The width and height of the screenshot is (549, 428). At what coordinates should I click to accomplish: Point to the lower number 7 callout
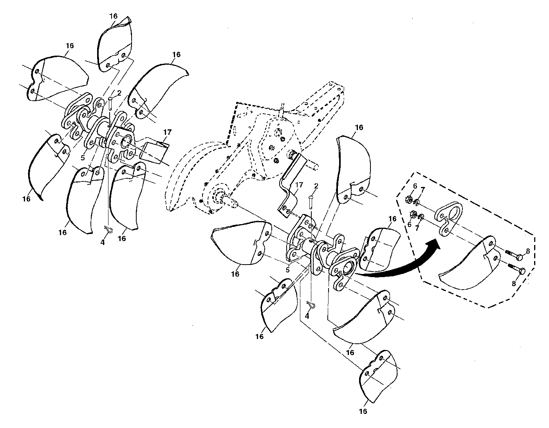(x=417, y=228)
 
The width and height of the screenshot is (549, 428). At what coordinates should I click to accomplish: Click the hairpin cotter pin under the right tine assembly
(x=311, y=305)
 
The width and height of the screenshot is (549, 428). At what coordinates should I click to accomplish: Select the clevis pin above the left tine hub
(x=110, y=104)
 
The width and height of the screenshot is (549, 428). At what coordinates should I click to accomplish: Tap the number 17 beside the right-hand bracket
(x=299, y=185)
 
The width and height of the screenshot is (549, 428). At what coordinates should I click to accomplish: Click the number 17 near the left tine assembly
(x=167, y=132)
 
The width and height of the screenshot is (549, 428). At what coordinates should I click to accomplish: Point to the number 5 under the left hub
(x=83, y=158)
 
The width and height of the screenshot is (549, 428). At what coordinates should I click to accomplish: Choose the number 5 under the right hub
(x=287, y=270)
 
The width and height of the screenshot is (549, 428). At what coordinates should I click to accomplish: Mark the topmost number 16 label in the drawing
(x=114, y=16)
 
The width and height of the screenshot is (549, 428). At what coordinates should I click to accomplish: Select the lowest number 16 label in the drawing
(x=363, y=411)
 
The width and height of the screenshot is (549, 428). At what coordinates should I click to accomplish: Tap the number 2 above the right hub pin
(x=316, y=186)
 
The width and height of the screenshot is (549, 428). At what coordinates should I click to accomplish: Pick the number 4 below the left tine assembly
(x=102, y=242)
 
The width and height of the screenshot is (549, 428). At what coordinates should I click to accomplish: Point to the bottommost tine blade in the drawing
(x=378, y=377)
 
